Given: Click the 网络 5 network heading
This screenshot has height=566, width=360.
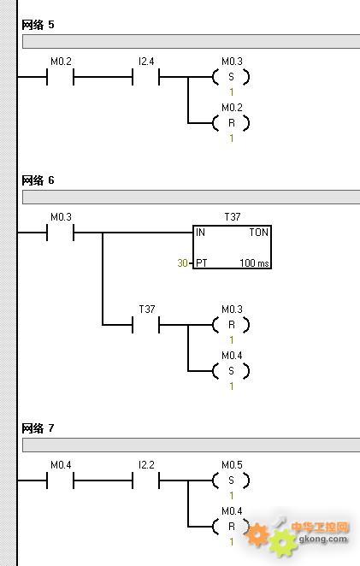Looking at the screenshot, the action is (38, 25).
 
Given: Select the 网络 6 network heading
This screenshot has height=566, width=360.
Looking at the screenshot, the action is (38, 180).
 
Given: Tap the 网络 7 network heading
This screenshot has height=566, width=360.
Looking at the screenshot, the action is (38, 428).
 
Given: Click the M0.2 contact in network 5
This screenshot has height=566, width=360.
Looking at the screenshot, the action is (61, 77).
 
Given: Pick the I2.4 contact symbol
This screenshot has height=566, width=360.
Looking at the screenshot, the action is (146, 77).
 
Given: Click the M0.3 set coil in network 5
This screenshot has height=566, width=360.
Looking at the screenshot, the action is (231, 77).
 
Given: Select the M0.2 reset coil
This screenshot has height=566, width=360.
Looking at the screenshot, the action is (231, 123).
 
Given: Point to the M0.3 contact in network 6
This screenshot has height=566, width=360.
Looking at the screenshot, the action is (61, 233).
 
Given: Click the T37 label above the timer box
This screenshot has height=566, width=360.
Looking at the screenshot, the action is (233, 216).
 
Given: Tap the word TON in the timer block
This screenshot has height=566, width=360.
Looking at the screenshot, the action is (259, 232).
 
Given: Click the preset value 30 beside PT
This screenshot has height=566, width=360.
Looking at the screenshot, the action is (182, 262).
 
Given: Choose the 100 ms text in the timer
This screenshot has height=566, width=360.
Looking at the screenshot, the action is (254, 262).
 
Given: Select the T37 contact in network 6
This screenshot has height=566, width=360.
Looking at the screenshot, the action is (146, 325).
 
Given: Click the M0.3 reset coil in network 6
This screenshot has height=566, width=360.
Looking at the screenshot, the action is (231, 325).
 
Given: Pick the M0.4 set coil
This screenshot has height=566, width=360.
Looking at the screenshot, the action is (231, 371).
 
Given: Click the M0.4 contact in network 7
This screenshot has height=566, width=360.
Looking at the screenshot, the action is (61, 481).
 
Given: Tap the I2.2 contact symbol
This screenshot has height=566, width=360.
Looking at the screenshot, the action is (146, 481).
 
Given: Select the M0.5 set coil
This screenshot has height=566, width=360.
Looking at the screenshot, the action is (231, 481).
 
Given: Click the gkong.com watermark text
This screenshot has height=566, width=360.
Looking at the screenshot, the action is (323, 539).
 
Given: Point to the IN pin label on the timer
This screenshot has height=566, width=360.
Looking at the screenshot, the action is (200, 232).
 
